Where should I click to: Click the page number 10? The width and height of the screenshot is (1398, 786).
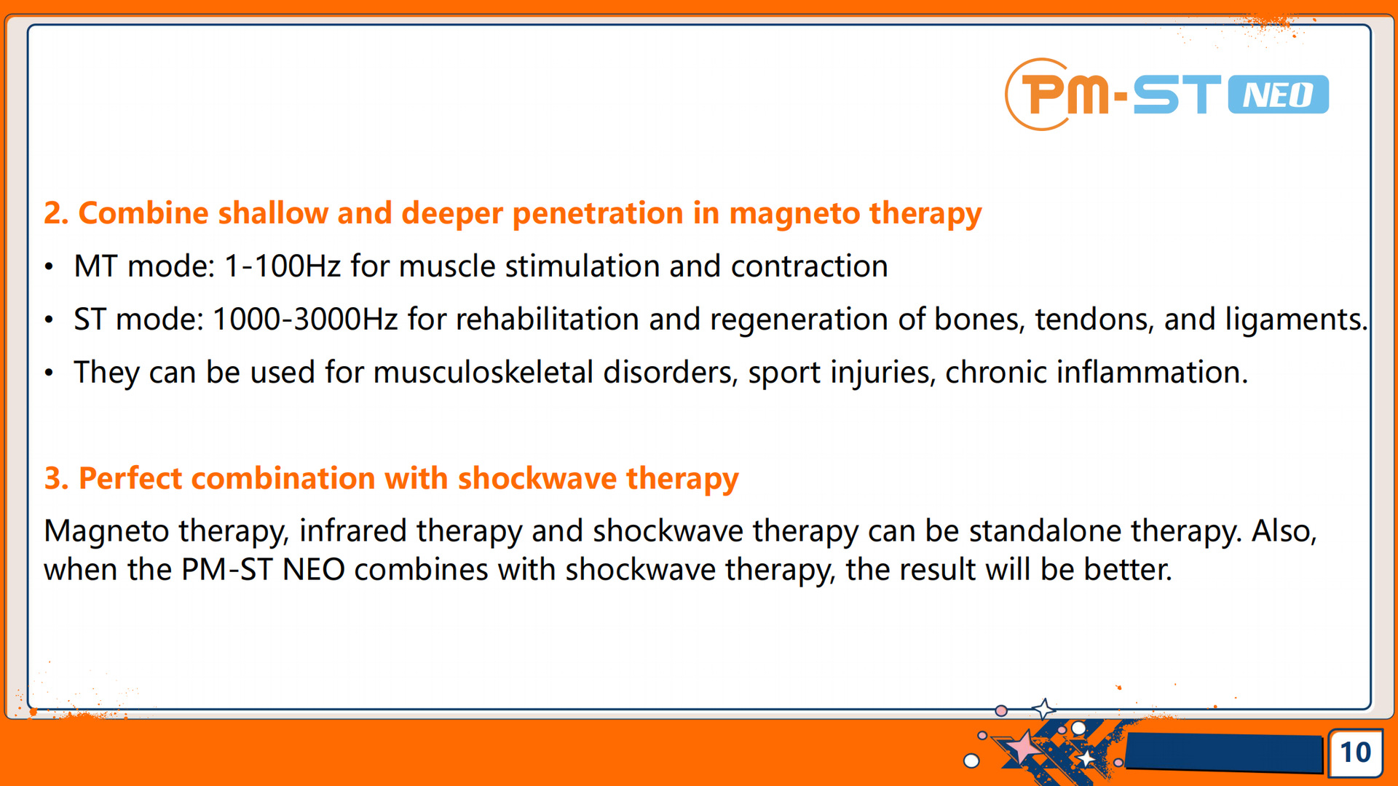click(x=1355, y=752)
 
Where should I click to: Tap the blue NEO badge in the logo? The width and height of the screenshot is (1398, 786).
click(x=1279, y=95)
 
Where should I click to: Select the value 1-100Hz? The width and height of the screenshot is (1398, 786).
click(x=283, y=266)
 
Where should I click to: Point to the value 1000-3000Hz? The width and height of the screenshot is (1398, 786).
click(x=305, y=319)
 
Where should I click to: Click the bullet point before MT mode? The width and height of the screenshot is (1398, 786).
click(x=49, y=267)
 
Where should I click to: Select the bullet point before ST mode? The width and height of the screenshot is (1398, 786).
click(x=49, y=320)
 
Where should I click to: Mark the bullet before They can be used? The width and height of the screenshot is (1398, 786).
click(x=49, y=373)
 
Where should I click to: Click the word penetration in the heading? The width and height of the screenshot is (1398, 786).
click(x=598, y=213)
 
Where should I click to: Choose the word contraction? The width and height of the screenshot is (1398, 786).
click(x=809, y=266)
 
